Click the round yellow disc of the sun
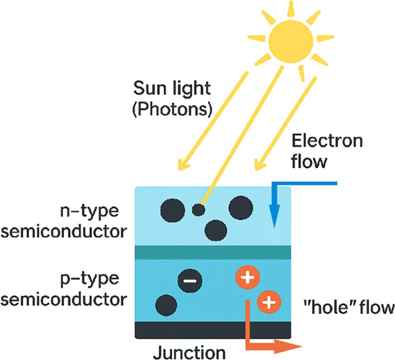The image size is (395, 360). pyautogui.click(x=291, y=42)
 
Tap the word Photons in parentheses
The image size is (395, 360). pyautogui.click(x=172, y=109)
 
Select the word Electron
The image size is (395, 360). pyautogui.click(x=327, y=141)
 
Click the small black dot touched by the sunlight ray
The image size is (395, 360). pyautogui.click(x=198, y=210)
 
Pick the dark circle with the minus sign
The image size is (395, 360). pyautogui.click(x=190, y=281)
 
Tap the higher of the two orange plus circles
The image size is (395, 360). pyautogui.click(x=247, y=277)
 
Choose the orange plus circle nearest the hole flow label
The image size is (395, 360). pyautogui.click(x=269, y=302)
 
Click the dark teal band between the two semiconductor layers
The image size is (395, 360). pyautogui.click(x=213, y=253)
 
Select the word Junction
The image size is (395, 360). pyautogui.click(x=190, y=353)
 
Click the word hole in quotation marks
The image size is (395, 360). pyautogui.click(x=331, y=307)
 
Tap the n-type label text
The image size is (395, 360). pyautogui.click(x=89, y=212)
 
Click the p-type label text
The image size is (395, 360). pyautogui.click(x=90, y=279)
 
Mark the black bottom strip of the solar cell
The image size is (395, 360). pyautogui.click(x=213, y=330)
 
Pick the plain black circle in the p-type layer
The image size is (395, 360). pyautogui.click(x=166, y=306)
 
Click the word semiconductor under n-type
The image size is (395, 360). pyautogui.click(x=64, y=232)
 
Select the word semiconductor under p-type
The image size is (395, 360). pyautogui.click(x=64, y=299)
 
